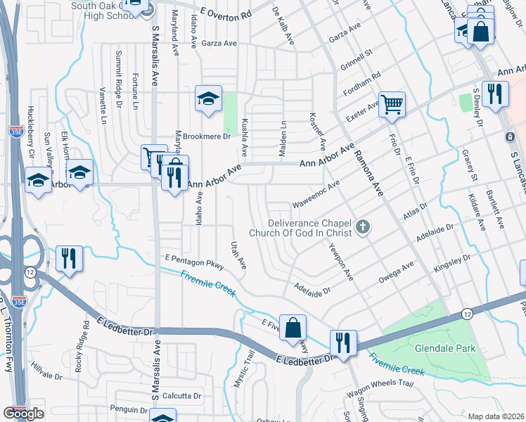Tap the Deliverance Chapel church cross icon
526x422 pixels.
coord(363,226)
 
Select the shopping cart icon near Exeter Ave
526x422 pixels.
coord(392,105)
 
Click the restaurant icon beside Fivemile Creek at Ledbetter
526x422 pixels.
coord(343,343)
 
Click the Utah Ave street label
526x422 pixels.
coord(239,255)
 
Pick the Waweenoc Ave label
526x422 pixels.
coord(316,191)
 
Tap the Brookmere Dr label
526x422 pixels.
coord(207,136)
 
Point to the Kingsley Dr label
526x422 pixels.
coord(451,262)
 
